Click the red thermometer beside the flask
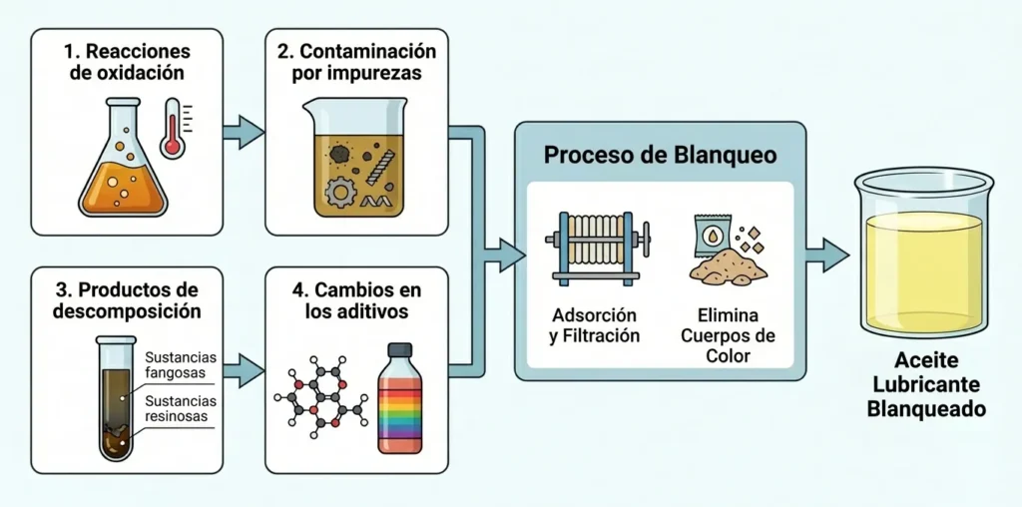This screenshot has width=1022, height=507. coord(173,127)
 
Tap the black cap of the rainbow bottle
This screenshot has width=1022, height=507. coord(398,350)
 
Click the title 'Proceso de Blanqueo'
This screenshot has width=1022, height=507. coord(660,157)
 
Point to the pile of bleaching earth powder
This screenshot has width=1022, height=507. coord(726,266)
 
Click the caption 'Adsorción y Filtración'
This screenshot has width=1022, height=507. coord(594,323)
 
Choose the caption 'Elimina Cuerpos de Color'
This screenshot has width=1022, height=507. coord(728,334)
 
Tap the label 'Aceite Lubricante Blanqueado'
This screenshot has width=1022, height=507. coord(925,385)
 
